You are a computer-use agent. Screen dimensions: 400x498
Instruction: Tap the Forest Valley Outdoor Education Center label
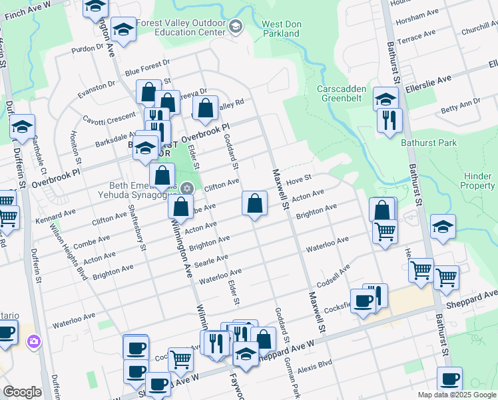(x=180, y=27)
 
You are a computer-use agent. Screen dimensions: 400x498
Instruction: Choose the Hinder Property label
(x=477, y=181)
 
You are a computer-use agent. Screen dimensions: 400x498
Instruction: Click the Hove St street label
(x=299, y=181)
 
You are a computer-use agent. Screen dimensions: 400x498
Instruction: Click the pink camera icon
(x=33, y=342)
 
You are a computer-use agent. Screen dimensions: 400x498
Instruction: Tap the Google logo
(x=22, y=392)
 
